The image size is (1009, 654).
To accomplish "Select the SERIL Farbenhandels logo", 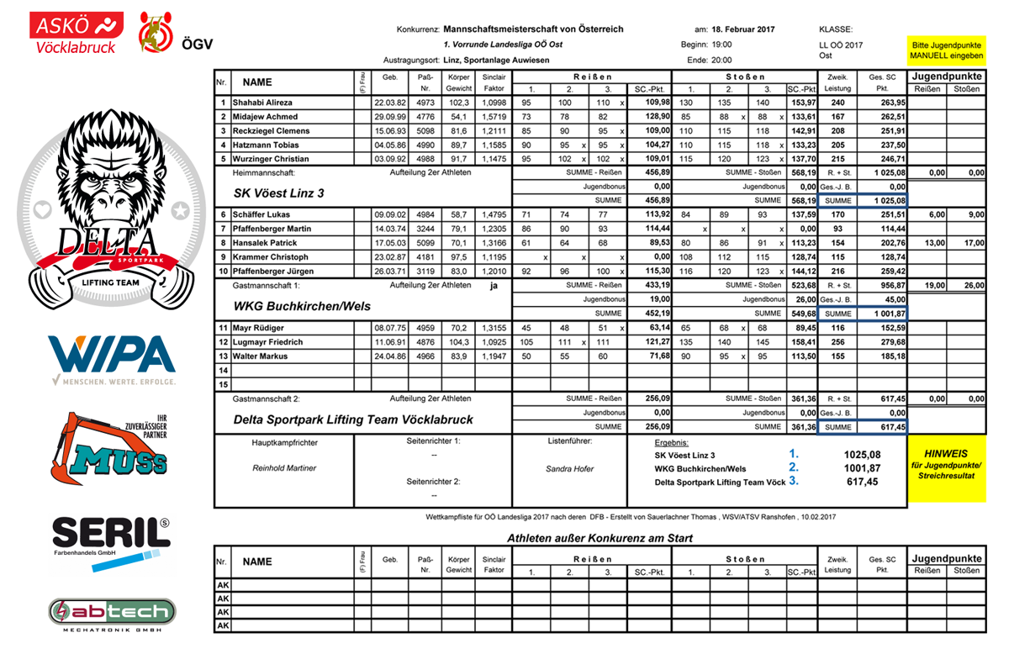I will pos(110,541).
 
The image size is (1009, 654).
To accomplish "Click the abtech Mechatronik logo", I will pos(111,613).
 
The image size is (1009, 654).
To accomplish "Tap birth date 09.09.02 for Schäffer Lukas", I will pos(390,214).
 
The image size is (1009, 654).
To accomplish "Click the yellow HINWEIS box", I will pos(946,464).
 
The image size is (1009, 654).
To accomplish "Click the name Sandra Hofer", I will pos(570,468).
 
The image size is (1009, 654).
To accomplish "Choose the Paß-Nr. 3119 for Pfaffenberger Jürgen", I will pos(425,271).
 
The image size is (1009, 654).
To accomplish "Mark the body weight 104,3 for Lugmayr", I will pos(459,342).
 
